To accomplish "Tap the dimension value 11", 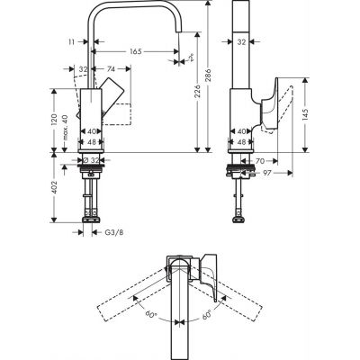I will tap(69, 40).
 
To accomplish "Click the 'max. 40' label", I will tap(67, 123).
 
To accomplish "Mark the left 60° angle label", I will tap(151, 316).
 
